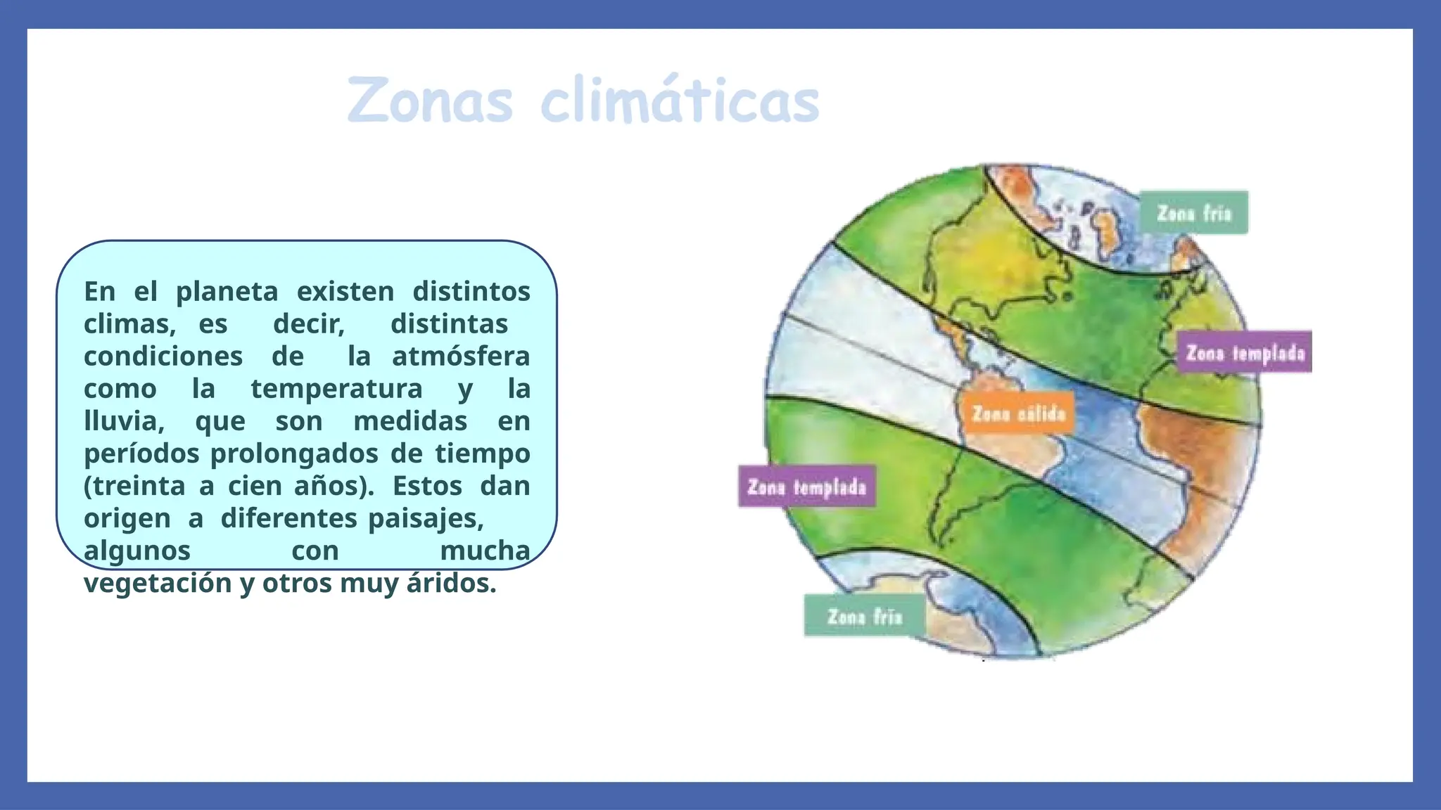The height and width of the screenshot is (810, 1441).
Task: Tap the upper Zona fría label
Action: pyautogui.click(x=1193, y=212)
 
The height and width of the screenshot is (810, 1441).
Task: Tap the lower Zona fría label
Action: pyautogui.click(x=864, y=617)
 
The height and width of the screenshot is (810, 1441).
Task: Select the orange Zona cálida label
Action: pyautogui.click(x=1018, y=413)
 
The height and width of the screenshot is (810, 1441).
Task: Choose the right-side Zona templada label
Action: pyautogui.click(x=1245, y=352)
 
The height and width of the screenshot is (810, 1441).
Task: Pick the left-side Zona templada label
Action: pyautogui.click(x=806, y=487)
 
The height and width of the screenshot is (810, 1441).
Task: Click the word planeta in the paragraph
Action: pyautogui.click(x=227, y=292)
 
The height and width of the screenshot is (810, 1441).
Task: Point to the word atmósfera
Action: pyautogui.click(x=461, y=356)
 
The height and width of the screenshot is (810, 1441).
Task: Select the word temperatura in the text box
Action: pyautogui.click(x=336, y=389)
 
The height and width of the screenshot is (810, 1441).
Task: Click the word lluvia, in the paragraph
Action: pyautogui.click(x=124, y=421)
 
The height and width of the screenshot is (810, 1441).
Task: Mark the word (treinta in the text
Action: pyautogui.click(x=133, y=486)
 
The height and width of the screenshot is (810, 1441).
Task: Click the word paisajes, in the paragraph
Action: pyautogui.click(x=426, y=518)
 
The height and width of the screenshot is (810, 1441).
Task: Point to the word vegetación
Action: pyautogui.click(x=158, y=583)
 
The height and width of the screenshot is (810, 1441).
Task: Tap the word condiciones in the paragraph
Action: pyautogui.click(x=163, y=356)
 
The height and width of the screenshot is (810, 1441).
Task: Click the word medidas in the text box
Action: pyautogui.click(x=410, y=421)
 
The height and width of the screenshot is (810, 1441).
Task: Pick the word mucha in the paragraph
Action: pyautogui.click(x=485, y=551)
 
